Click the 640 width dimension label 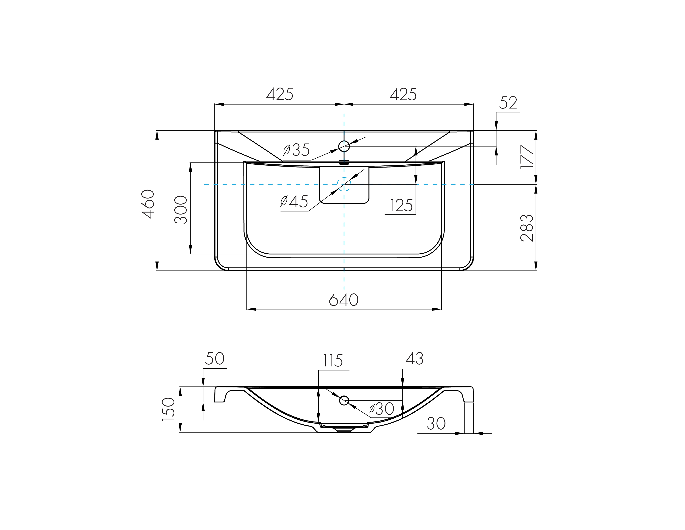coord(344,300)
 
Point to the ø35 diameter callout coord(296,150)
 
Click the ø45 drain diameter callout coord(294,201)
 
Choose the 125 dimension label coord(401,206)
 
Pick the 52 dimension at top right coord(508,103)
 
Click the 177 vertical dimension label coord(527,157)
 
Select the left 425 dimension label coord(280,94)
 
